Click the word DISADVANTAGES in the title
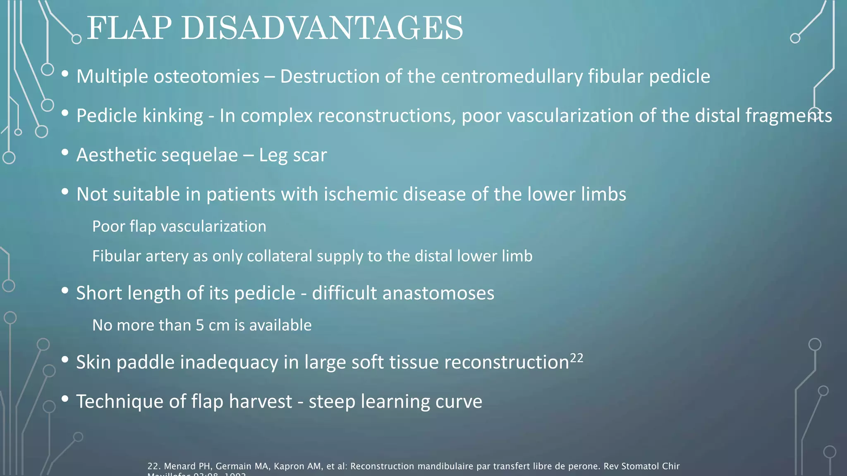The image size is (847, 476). [x=322, y=28]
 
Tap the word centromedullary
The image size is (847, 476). [x=512, y=76]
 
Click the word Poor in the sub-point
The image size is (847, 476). [x=108, y=226]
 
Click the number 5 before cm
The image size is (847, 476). [x=200, y=326]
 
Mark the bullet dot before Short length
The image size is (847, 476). [x=65, y=291]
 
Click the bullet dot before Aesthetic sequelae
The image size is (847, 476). [x=65, y=152]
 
